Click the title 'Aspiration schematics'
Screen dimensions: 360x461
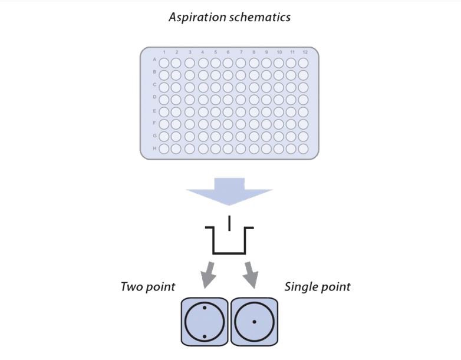[229, 17]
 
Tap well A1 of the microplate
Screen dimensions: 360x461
[164, 62]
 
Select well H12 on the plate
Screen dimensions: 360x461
[304, 148]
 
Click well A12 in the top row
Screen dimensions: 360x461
[304, 62]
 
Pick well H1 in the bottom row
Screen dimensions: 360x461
[164, 148]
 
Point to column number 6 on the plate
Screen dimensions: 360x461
[228, 53]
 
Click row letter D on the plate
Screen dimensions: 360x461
[154, 97]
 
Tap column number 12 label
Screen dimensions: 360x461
[304, 53]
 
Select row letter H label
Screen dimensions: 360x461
[154, 148]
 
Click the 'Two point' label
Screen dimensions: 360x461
[148, 287]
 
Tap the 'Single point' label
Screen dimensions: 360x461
[317, 287]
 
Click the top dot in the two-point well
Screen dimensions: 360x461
[204, 308]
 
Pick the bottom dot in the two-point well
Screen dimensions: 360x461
[204, 336]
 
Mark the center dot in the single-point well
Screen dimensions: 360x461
[254, 322]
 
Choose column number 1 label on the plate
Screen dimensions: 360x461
[164, 53]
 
